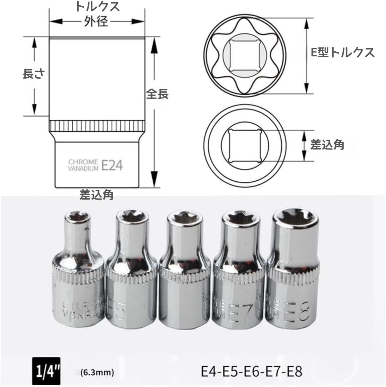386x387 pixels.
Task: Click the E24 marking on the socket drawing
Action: [x=112, y=165]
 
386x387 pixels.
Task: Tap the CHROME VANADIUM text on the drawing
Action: [x=83, y=165]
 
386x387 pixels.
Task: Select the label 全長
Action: [x=158, y=94]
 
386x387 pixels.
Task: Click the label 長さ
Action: [x=33, y=74]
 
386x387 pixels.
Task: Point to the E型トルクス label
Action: [x=343, y=52]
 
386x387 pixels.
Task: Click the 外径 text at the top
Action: [x=96, y=22]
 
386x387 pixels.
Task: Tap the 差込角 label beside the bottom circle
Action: [x=327, y=145]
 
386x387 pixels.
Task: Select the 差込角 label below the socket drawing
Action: [x=96, y=194]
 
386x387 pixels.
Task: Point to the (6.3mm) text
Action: [x=97, y=372]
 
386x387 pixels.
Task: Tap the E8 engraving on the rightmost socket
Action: [x=299, y=310]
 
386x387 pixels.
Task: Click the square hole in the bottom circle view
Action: [x=245, y=145]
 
